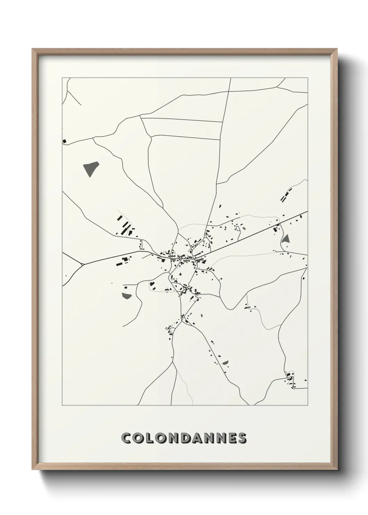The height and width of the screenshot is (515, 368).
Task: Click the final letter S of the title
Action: click(242, 438)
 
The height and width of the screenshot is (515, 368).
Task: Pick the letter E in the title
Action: click(230, 438)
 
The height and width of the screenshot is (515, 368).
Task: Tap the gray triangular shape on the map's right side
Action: click(286, 239)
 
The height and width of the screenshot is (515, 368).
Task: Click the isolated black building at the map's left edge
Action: click(64, 141)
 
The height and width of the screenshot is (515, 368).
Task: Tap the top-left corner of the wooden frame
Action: click(33, 49)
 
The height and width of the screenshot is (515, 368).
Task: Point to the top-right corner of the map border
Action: click(307, 78)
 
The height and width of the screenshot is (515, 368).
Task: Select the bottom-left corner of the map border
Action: click(62, 405)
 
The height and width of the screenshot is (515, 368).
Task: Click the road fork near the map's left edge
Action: click(82, 264)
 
